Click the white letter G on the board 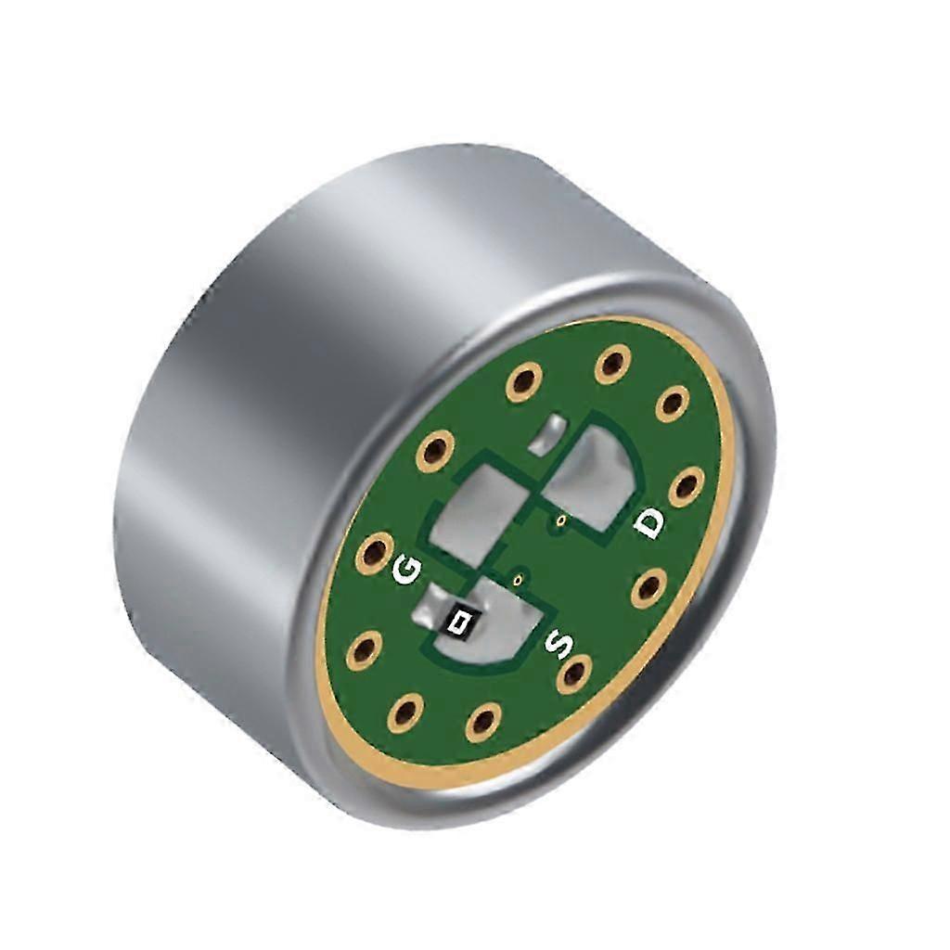[405, 570]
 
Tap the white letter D [649, 524]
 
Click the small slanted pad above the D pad [550, 432]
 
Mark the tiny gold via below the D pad [560, 520]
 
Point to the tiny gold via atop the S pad [520, 580]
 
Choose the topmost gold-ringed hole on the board [610, 363]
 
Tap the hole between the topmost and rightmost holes [672, 404]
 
